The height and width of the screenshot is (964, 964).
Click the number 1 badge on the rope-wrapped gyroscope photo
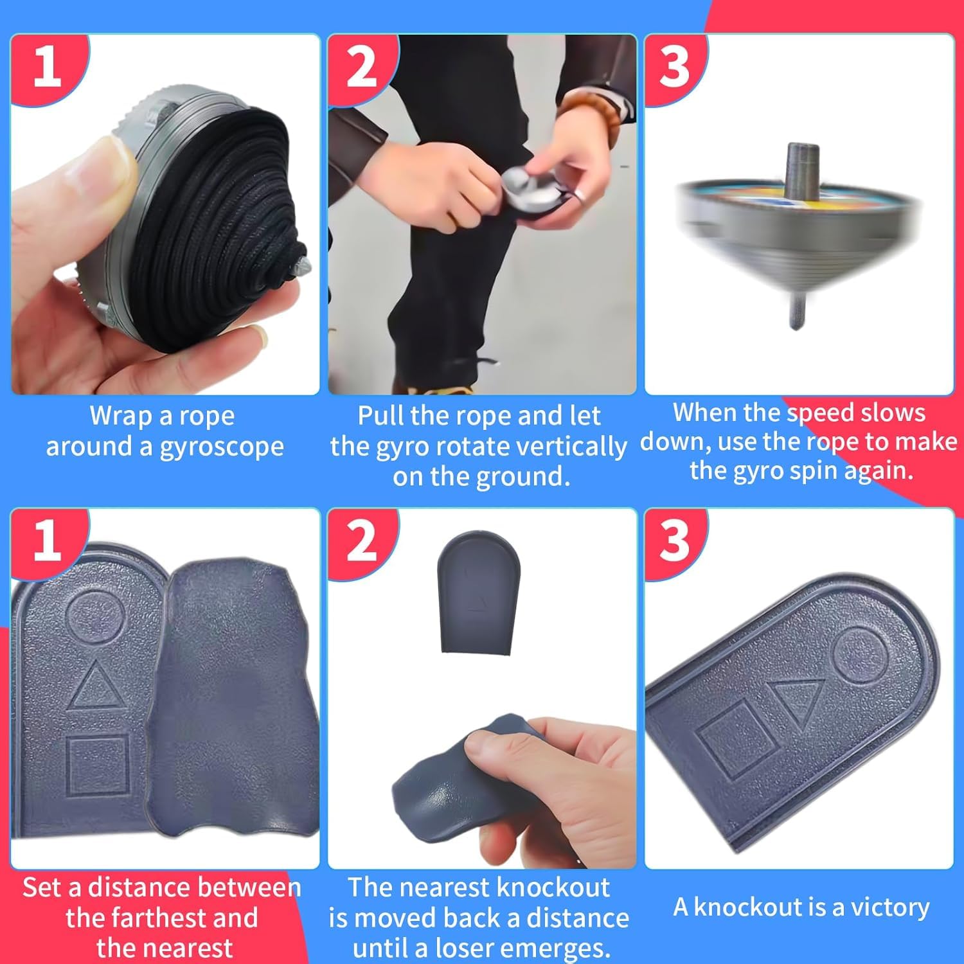[x=47, y=66]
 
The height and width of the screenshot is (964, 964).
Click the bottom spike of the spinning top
[x=796, y=312]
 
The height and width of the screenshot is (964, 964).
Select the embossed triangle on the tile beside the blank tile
[x=95, y=688]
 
